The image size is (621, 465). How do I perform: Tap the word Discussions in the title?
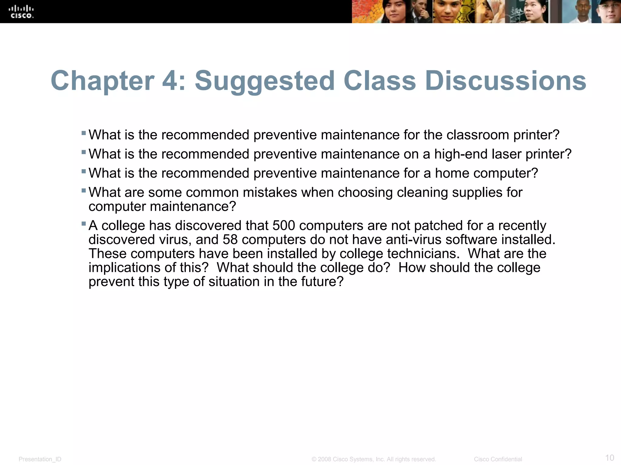[x=505, y=81]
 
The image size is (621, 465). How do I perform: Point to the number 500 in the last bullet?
[x=284, y=226]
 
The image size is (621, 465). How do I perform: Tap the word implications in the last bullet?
[x=125, y=268]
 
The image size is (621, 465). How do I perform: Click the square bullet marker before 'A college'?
[x=84, y=224]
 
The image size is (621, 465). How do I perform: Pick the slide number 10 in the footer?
[x=609, y=458]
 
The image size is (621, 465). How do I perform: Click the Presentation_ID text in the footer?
[x=40, y=459]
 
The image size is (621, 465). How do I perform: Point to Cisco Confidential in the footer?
[x=498, y=459]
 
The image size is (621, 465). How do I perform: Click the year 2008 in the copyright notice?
[x=324, y=459]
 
